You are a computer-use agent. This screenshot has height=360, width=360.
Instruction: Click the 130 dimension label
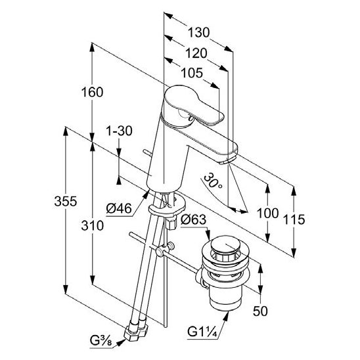pos(198,32)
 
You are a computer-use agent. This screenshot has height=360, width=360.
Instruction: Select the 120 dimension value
pos(196,53)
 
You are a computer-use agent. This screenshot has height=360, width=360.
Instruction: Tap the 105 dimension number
pos(192,73)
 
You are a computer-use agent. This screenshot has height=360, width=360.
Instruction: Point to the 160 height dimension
pos(92,92)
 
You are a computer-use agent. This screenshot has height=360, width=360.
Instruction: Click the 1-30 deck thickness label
pos(119,131)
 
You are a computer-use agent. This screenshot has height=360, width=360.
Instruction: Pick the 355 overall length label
pos(66,202)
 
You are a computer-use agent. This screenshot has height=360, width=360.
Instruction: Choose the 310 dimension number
pos(92,225)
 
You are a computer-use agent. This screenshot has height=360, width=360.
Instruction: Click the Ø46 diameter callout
pos(119,209)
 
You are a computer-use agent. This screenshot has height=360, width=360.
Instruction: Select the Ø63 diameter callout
pos(193,219)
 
